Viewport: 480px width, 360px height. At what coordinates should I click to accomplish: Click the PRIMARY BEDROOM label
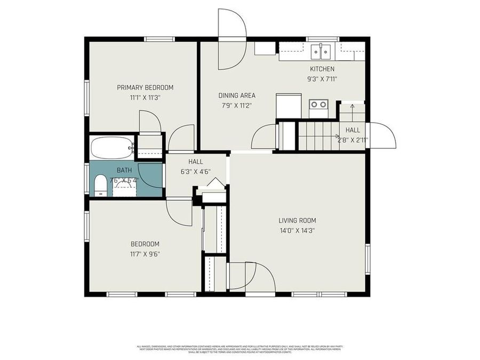[x=145, y=87]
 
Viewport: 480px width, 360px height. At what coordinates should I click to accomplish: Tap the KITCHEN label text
[x=322, y=69]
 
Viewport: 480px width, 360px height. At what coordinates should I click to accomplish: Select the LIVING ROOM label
[x=297, y=220]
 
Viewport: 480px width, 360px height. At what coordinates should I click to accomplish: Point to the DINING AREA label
[x=237, y=95]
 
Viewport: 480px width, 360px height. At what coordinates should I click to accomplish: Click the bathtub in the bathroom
[x=112, y=147]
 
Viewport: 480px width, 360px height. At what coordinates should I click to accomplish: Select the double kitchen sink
[x=321, y=51]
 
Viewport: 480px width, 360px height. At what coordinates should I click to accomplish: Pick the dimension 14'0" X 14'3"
[x=297, y=230]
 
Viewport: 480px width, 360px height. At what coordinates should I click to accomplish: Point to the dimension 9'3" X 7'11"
[x=322, y=79]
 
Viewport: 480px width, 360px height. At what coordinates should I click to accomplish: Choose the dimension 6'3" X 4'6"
[x=196, y=172]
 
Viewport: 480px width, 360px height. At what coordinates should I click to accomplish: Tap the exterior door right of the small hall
[x=382, y=135]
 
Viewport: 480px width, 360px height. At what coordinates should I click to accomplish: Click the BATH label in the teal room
[x=124, y=170]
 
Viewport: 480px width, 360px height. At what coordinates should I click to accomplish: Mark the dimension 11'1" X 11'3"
[x=145, y=98]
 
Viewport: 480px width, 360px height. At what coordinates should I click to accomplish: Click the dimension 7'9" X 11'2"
[x=237, y=106]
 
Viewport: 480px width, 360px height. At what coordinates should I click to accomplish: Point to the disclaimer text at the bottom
[x=239, y=349]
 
